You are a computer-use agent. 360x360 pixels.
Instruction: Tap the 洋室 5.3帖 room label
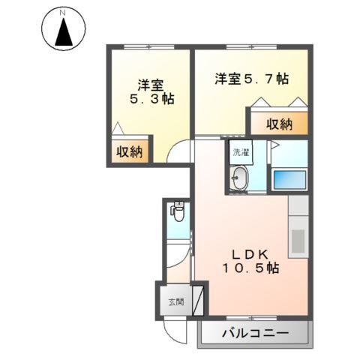[150, 91]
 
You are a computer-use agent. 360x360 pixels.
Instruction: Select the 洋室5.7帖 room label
[251, 79]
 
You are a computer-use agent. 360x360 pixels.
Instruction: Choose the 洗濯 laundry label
[240, 151]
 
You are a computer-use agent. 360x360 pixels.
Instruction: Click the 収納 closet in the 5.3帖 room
[128, 151]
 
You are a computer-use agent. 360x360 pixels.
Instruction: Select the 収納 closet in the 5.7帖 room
[278, 124]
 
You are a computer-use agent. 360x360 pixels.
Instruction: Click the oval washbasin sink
[241, 179]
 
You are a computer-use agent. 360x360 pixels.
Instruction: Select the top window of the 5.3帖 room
[149, 47]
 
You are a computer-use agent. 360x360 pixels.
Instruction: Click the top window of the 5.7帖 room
[251, 47]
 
